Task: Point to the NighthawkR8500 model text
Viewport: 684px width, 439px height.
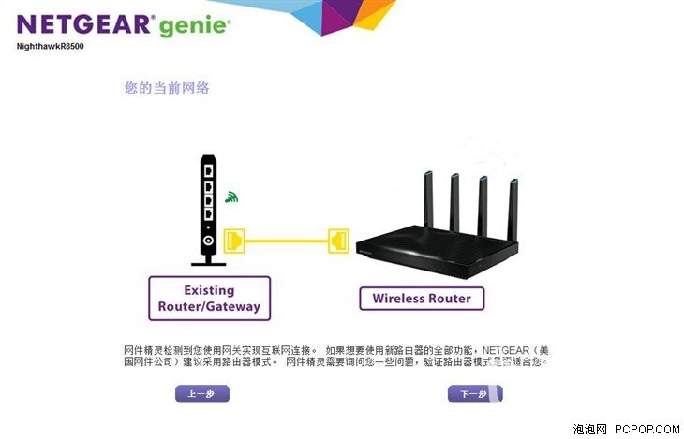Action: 52,46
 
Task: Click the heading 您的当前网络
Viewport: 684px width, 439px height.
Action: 167,88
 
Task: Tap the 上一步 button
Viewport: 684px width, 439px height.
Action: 201,394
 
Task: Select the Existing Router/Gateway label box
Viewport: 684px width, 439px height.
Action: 209,298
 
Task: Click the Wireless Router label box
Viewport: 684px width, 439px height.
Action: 422,299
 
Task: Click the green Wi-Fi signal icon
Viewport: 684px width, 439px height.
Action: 230,198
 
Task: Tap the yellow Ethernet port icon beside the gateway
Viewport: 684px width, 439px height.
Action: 234,240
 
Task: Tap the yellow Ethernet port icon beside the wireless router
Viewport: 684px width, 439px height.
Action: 339,240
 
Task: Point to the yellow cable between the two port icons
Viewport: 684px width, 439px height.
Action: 287,241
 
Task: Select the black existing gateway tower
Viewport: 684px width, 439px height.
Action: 207,206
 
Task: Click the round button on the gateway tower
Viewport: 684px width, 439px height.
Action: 207,241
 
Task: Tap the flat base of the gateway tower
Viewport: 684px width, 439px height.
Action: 208,263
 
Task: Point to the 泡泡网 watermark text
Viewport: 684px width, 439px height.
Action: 590,428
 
